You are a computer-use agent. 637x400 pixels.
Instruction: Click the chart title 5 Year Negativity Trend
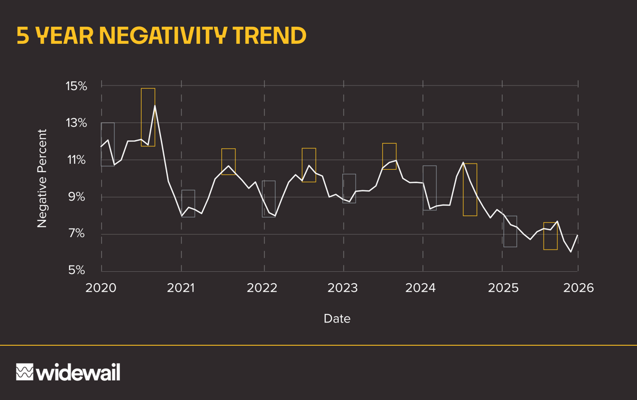click(x=161, y=35)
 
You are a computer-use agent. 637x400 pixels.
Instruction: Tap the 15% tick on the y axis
click(x=76, y=87)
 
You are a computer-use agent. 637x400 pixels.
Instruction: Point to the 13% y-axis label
click(x=76, y=123)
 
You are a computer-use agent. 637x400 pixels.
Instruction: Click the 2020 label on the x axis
click(x=101, y=288)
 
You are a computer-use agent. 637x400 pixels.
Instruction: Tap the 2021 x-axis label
click(x=181, y=288)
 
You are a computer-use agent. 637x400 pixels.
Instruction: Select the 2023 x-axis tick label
click(x=342, y=288)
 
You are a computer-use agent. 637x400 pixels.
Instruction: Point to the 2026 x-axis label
click(x=578, y=288)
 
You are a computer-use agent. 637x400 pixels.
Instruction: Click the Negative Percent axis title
click(x=42, y=178)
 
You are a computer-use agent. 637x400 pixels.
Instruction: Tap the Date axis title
click(x=337, y=319)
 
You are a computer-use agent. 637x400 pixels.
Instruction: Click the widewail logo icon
click(x=24, y=372)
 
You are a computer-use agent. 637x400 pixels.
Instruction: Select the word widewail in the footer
click(x=78, y=373)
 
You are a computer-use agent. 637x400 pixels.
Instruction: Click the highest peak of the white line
click(x=155, y=105)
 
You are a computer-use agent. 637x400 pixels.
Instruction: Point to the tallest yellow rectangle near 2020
click(x=148, y=117)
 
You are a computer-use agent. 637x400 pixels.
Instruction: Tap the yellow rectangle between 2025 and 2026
click(x=550, y=236)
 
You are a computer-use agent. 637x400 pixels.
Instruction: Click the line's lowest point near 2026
click(x=571, y=251)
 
